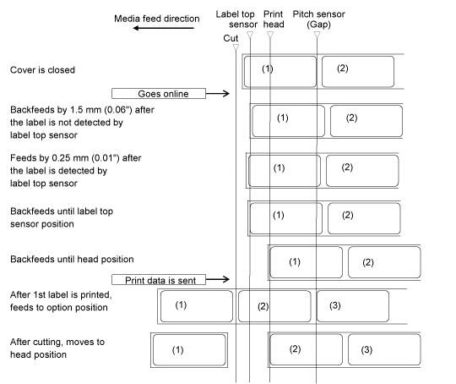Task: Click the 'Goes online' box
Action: [159, 94]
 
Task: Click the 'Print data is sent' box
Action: [159, 280]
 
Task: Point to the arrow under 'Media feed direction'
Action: [164, 28]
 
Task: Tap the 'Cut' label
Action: [231, 38]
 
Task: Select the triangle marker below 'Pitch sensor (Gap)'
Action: [317, 35]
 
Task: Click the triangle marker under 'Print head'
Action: [270, 35]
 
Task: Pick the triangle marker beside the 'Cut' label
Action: [236, 47]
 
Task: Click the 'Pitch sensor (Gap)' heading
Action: [318, 19]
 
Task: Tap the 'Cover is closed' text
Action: [42, 70]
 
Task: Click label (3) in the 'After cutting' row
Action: [384, 349]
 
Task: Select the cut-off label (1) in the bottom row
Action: [189, 350]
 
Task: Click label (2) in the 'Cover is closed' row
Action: [358, 72]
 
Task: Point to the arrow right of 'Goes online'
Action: [218, 94]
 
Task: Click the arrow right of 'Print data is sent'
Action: [218, 279]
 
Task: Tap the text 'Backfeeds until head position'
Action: [72, 260]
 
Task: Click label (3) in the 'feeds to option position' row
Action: [353, 306]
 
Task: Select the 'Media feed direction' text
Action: [157, 19]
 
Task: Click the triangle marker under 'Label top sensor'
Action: [250, 35]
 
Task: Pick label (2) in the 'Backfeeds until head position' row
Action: [384, 262]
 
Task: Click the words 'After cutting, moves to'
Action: [57, 342]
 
